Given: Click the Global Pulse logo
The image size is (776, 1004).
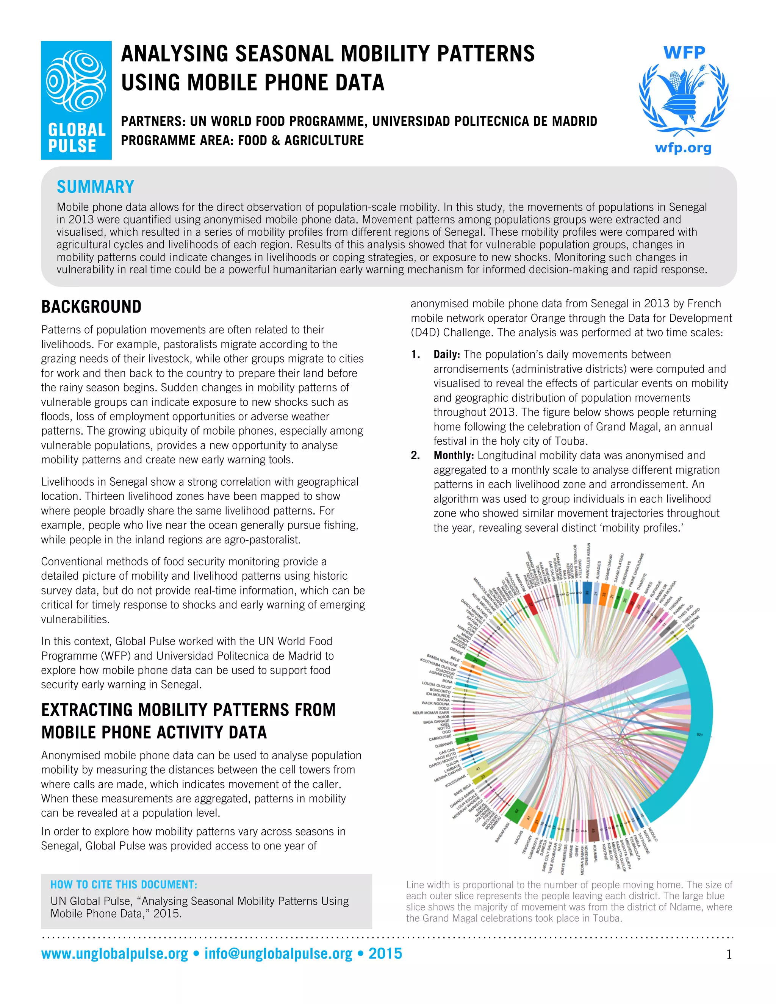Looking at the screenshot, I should coord(76,100).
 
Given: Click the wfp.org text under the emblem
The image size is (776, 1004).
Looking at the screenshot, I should coord(683,148).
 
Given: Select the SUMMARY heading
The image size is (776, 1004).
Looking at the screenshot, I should coord(95,187).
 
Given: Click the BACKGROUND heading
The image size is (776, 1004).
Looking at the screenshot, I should coord(91,307).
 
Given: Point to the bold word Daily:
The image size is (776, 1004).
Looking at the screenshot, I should coord(446,355).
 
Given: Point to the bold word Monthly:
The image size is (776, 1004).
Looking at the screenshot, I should coord(453,455).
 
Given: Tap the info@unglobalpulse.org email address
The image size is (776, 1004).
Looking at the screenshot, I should coord(278,954).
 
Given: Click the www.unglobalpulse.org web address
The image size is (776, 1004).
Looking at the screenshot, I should coord(114,954).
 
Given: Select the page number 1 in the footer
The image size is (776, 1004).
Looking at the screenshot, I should coord(729,955).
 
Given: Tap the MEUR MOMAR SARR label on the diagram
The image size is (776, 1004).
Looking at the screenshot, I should coord(431,713).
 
